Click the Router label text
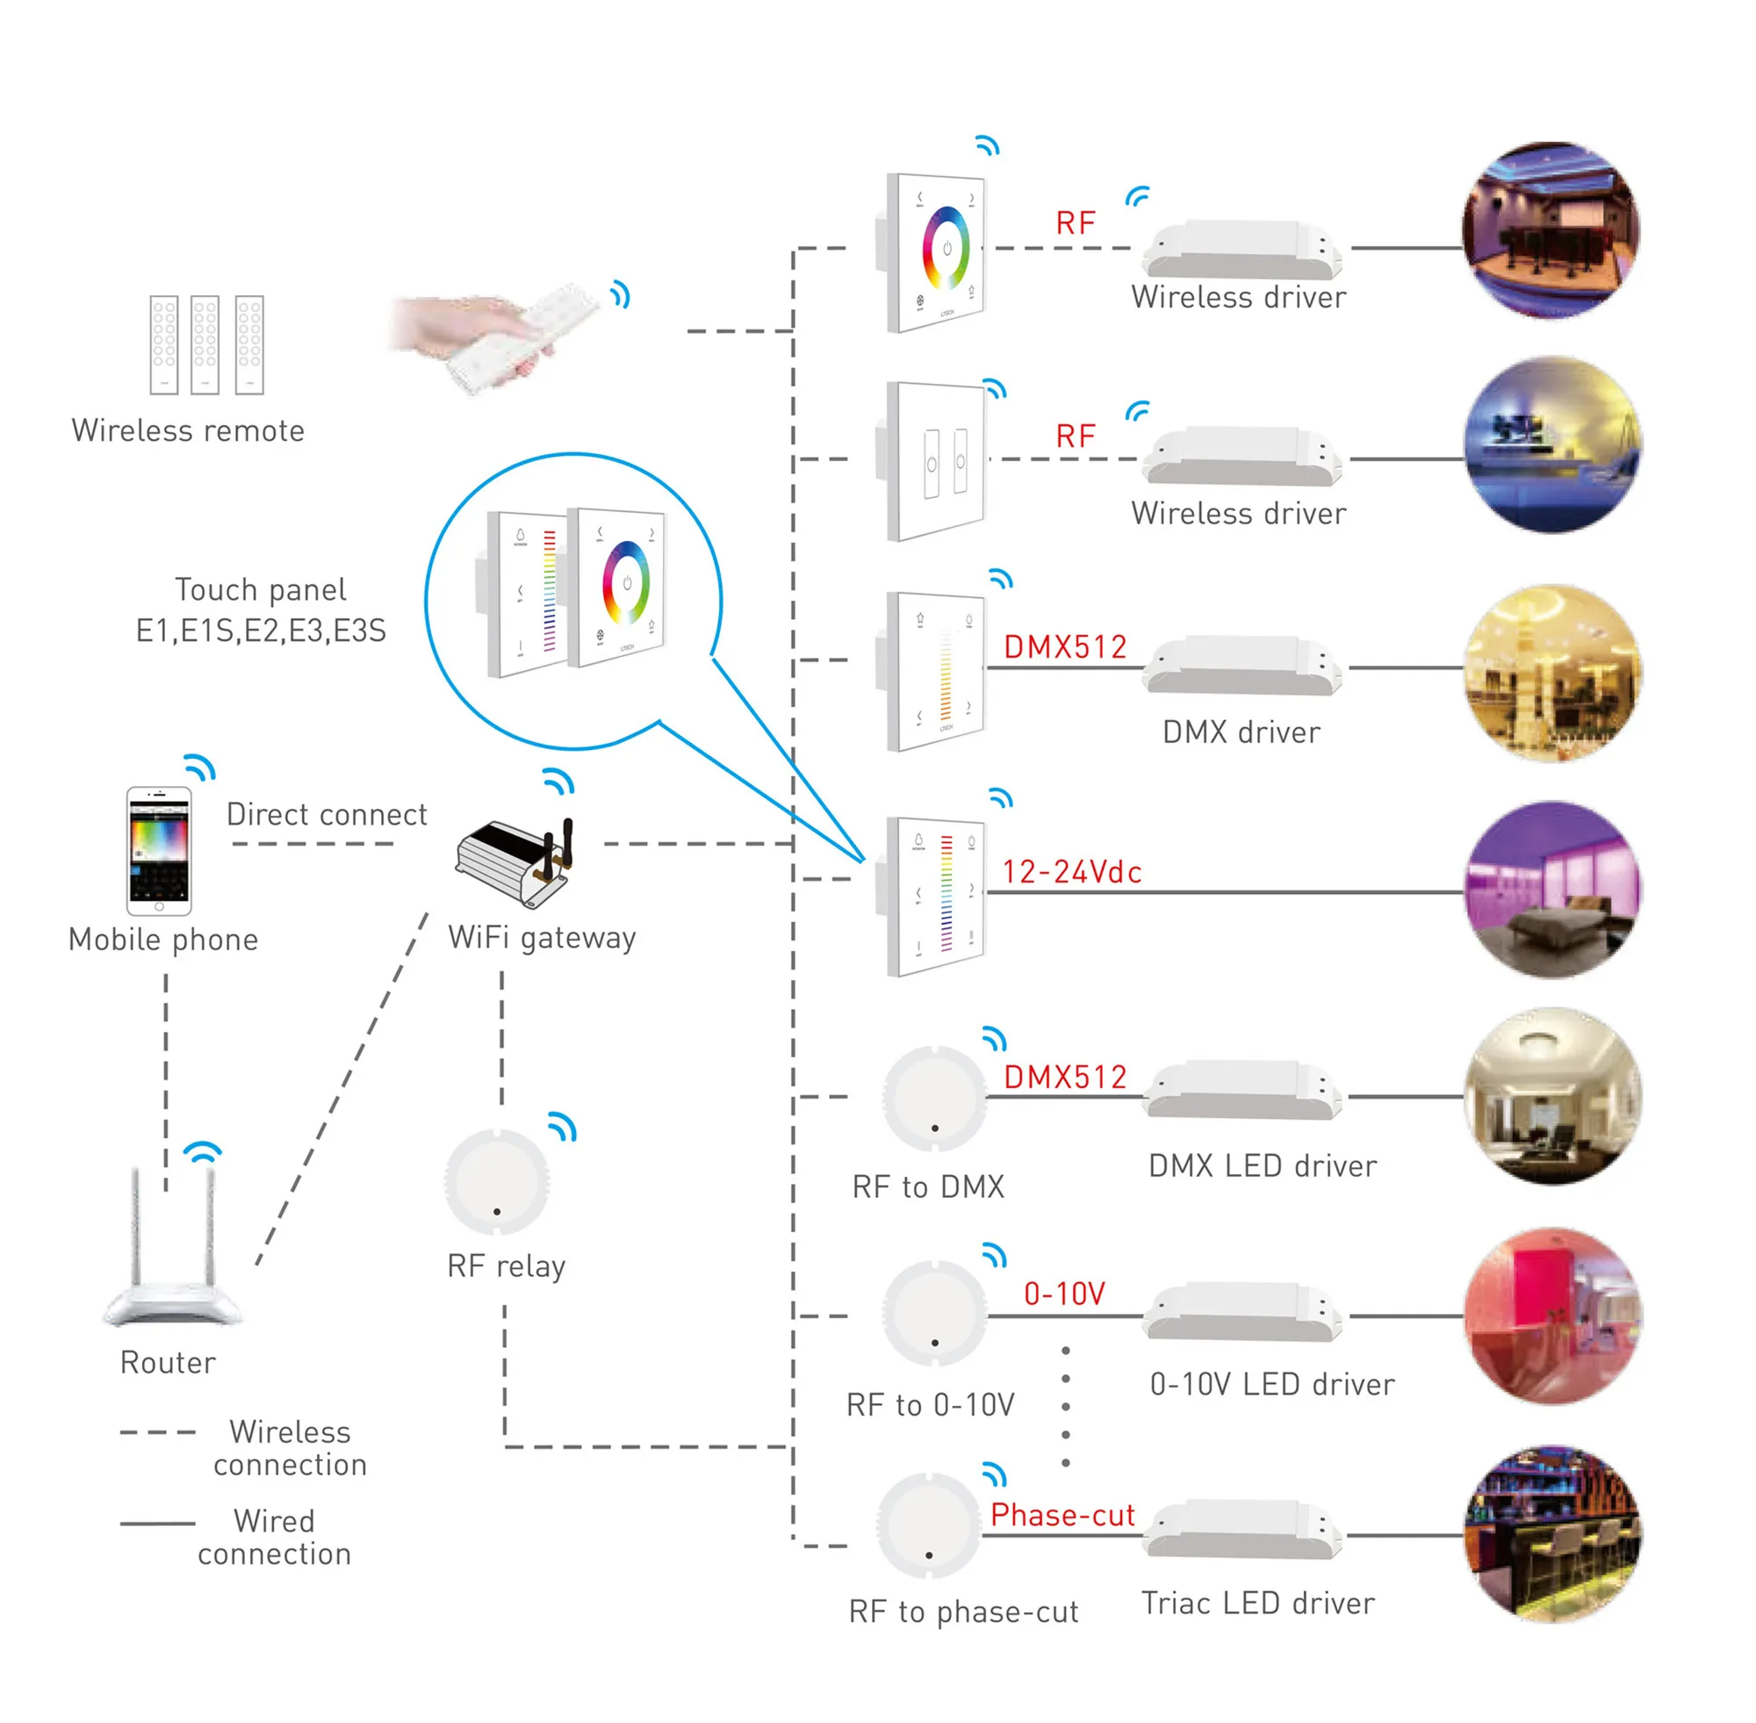(x=169, y=1363)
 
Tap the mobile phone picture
(x=159, y=851)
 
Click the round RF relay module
(x=497, y=1181)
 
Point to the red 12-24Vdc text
(x=1071, y=872)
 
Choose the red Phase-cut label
(x=1062, y=1515)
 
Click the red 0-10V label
(x=1064, y=1294)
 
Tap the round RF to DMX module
(x=934, y=1098)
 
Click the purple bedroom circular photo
(x=1552, y=890)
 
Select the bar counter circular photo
(x=1552, y=1533)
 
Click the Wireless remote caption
(x=188, y=430)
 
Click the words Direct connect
(x=327, y=814)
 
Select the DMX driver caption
(x=1241, y=732)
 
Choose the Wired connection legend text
(x=274, y=1538)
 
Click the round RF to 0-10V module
(x=934, y=1313)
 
